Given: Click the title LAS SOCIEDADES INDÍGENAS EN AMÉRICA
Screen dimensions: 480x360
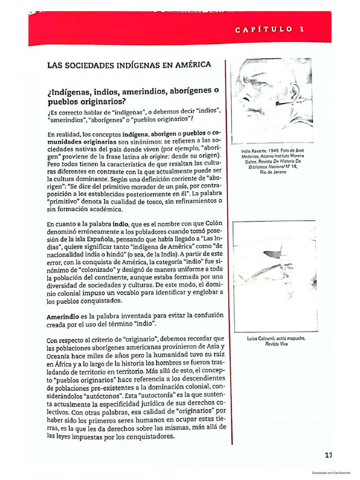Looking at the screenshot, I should click(x=129, y=65).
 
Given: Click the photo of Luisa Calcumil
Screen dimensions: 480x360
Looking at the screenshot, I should click(x=272, y=276).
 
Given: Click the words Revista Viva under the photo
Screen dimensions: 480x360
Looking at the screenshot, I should click(x=276, y=344).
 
